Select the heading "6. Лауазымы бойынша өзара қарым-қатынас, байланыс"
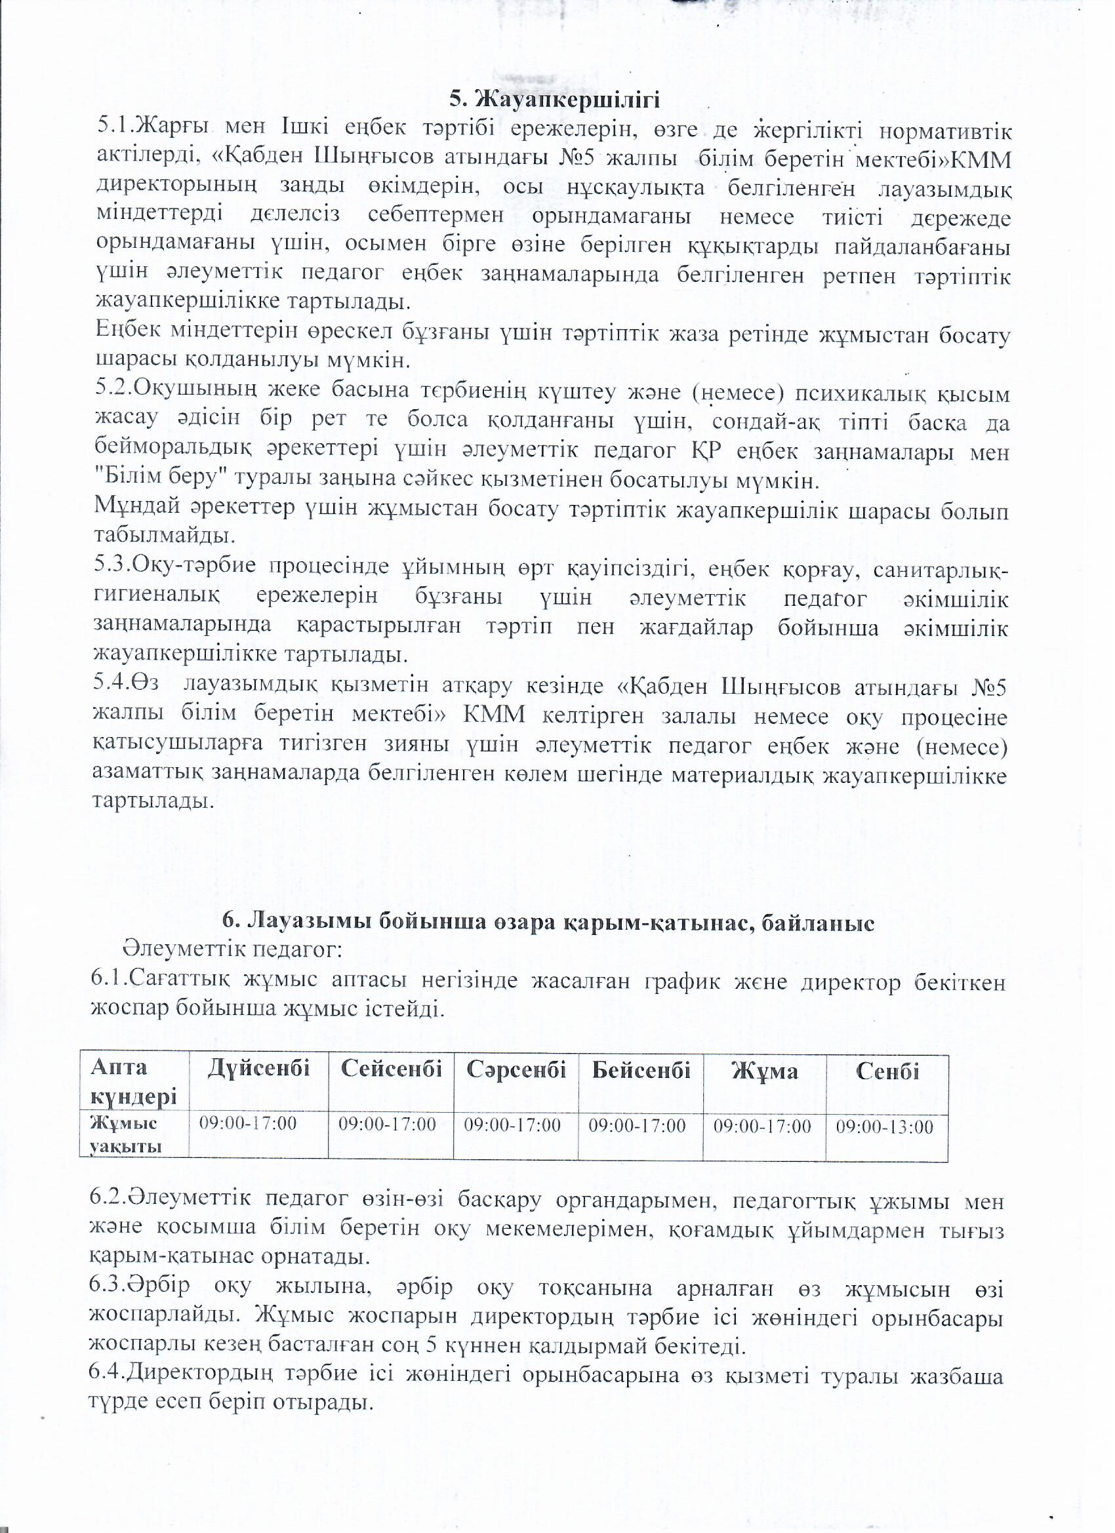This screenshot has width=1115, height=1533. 548,922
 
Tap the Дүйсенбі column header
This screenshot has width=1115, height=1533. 258,1069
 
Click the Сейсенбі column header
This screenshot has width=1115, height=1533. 391,1069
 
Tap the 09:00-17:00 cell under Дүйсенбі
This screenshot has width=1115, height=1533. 247,1123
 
